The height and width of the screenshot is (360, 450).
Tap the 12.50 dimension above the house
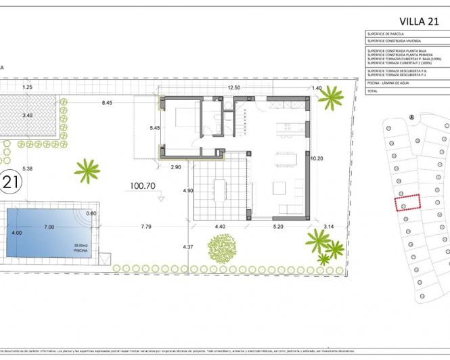(x=233, y=88)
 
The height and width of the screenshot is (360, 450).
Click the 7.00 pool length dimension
(x=49, y=227)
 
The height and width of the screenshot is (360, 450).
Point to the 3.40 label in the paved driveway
(x=27, y=116)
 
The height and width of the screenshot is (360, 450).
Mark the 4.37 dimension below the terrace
(x=188, y=248)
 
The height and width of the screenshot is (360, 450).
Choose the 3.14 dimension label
(x=330, y=227)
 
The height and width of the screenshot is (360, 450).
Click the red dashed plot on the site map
(x=407, y=202)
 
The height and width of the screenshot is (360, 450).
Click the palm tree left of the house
(x=87, y=169)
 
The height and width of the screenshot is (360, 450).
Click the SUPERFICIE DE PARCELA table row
(x=388, y=33)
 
